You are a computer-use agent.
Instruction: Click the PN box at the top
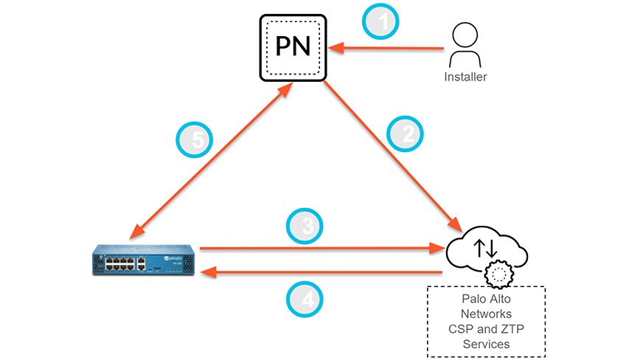pyautogui.click(x=293, y=46)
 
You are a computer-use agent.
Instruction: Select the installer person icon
pyautogui.click(x=465, y=46)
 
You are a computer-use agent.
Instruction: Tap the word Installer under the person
pyautogui.click(x=465, y=76)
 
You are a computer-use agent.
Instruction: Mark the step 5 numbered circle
pyautogui.click(x=195, y=139)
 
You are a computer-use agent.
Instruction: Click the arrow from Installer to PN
pyautogui.click(x=387, y=49)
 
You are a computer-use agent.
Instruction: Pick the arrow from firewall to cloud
pyautogui.click(x=317, y=249)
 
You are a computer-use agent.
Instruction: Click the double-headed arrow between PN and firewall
pyautogui.click(x=206, y=162)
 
